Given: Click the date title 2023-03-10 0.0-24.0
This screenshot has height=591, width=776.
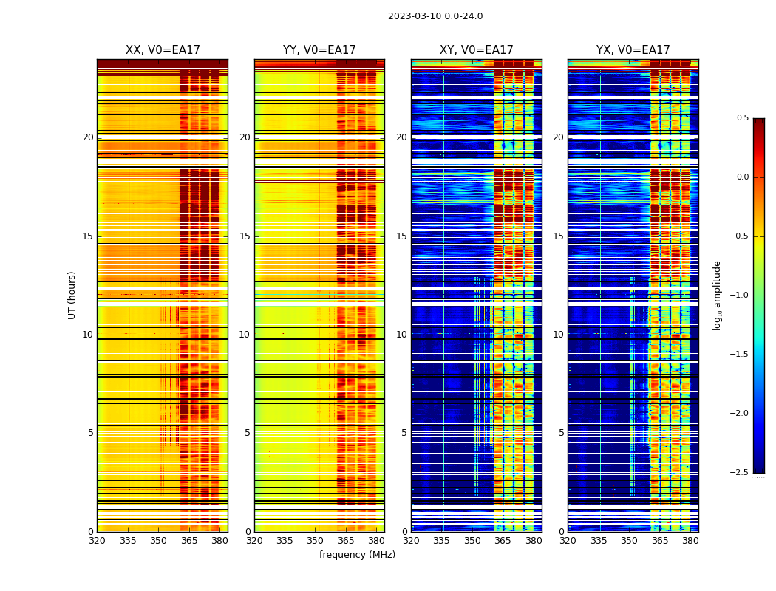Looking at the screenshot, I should (435, 16).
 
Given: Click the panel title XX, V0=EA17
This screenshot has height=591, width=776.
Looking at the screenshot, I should (163, 50).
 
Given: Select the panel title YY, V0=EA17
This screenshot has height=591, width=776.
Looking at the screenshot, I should (319, 50).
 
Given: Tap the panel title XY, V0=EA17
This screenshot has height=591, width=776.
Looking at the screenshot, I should (476, 50).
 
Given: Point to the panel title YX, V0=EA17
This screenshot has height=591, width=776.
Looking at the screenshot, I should (633, 50).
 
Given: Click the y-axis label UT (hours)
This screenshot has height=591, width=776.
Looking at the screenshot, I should (72, 295).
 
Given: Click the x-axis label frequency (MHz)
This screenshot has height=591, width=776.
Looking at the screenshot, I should (357, 555).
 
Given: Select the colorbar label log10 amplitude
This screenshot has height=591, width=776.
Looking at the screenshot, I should (716, 295).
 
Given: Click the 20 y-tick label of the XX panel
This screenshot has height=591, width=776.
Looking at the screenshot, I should (88, 137).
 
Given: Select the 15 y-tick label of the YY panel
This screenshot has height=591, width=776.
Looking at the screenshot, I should (245, 236).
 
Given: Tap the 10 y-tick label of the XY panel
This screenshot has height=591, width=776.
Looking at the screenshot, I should (401, 335).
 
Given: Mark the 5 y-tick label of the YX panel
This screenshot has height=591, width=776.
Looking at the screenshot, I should (561, 433).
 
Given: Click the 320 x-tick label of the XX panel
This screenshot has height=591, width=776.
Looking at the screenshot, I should (97, 540).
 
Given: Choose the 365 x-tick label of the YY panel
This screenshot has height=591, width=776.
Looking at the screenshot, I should (346, 540).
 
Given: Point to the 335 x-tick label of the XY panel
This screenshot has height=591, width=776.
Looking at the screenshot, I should (441, 540).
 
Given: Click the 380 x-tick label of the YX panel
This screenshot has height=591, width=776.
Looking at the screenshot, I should (690, 540).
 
